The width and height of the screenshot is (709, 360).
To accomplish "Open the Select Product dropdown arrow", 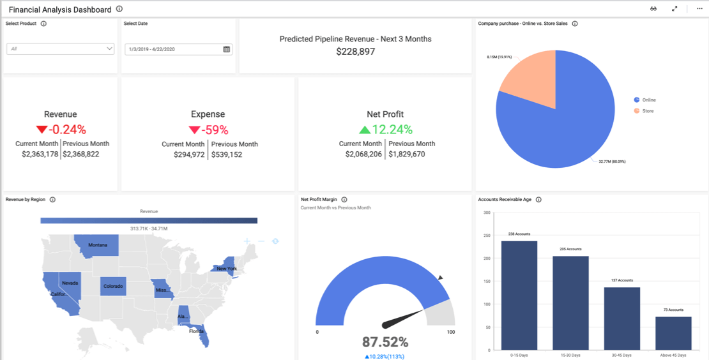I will (109, 49).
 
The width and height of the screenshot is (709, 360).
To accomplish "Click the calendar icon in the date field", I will (227, 49).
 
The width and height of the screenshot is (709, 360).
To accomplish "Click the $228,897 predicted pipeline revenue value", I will (355, 52).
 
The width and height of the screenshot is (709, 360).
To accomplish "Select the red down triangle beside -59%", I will (194, 130).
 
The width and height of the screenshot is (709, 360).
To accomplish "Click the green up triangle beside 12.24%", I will (364, 130).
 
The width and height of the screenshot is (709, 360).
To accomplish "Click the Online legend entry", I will (648, 100).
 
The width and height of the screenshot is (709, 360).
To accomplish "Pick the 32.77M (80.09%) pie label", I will (612, 161).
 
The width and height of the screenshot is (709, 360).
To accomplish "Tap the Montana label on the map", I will (98, 245).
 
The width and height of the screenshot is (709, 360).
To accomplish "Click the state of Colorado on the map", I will (112, 286).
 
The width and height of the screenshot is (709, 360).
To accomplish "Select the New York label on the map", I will (227, 269).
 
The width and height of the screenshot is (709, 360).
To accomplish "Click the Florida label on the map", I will (196, 331).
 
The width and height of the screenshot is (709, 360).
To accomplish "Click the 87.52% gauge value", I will (385, 342).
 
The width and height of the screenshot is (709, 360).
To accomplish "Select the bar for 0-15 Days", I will (519, 295).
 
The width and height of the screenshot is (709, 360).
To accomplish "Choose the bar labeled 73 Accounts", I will (673, 333).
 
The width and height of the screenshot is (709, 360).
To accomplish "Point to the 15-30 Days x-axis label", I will (570, 355).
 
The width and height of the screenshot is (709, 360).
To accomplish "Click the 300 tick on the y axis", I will (487, 213).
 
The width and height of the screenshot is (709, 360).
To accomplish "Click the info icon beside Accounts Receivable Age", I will (538, 200).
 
